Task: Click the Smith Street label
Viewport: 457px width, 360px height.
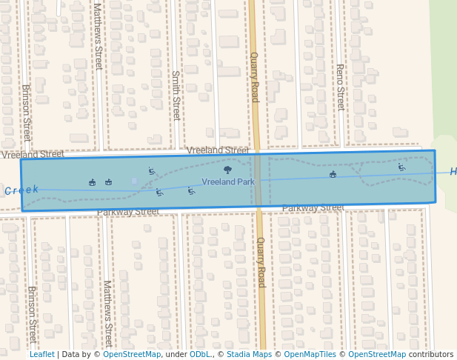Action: pyautogui.click(x=176, y=95)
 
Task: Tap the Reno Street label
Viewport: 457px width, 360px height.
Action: pyautogui.click(x=340, y=87)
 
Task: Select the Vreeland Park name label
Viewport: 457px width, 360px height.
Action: pyautogui.click(x=228, y=181)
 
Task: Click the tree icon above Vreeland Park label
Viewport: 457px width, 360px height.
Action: pyautogui.click(x=227, y=170)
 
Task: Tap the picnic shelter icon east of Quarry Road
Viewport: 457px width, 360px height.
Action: pyautogui.click(x=333, y=175)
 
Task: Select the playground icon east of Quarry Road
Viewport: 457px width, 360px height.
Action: pyautogui.click(x=401, y=167)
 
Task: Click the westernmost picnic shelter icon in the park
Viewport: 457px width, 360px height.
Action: pyautogui.click(x=92, y=182)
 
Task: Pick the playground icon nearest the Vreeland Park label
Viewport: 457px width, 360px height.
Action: pyautogui.click(x=191, y=191)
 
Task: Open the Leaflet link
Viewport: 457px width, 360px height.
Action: pyautogui.click(x=41, y=355)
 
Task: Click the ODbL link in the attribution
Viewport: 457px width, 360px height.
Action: pyautogui.click(x=200, y=355)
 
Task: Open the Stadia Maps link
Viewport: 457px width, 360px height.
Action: pyautogui.click(x=247, y=355)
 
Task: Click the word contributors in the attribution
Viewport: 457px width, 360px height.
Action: pyautogui.click(x=431, y=355)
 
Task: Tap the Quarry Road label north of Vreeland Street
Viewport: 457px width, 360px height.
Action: pyautogui.click(x=254, y=77)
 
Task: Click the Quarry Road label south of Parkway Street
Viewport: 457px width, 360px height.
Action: pyautogui.click(x=260, y=262)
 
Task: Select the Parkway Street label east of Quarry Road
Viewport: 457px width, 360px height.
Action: pyautogui.click(x=313, y=208)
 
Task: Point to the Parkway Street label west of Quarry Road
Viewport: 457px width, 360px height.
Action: pyautogui.click(x=128, y=212)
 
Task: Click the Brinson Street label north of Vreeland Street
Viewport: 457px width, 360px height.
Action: pyautogui.click(x=26, y=113)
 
